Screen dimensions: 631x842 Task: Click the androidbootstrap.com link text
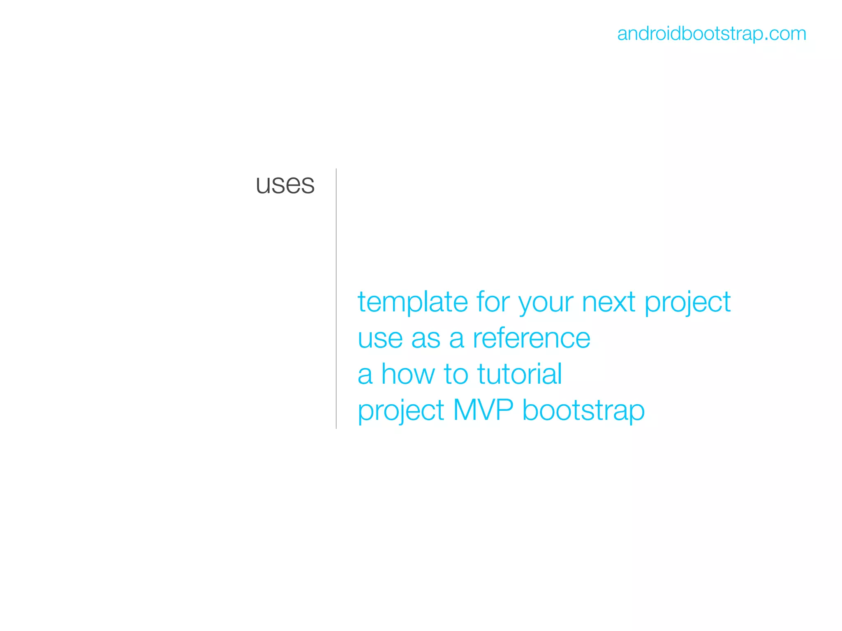(711, 34)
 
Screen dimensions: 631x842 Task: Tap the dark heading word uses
(285, 184)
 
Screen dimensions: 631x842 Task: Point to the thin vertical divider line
(336, 298)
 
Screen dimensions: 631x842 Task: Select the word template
(412, 302)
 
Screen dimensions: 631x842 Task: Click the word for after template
(493, 302)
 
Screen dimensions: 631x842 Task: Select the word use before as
(380, 339)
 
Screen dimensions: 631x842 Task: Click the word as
(426, 339)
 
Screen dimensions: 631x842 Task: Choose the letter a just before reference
(456, 339)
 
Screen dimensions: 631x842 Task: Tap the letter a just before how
(365, 375)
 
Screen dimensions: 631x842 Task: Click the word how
(408, 374)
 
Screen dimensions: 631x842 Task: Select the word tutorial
(519, 374)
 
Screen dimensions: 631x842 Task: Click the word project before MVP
(401, 411)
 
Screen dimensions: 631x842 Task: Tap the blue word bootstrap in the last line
(583, 410)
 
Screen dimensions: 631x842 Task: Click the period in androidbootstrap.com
(766, 39)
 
